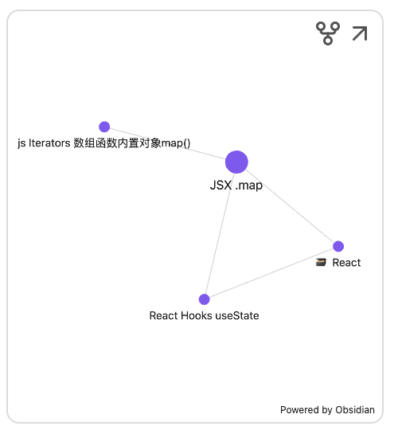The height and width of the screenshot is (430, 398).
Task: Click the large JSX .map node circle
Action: point(236,162)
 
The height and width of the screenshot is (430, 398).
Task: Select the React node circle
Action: point(338,246)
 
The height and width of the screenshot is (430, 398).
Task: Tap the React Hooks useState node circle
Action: point(205,299)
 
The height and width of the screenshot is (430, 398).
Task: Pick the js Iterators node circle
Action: point(104,127)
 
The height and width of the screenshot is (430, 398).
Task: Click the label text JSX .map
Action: point(236,185)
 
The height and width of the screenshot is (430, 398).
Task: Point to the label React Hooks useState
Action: point(205,315)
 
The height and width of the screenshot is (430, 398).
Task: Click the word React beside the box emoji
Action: point(346,263)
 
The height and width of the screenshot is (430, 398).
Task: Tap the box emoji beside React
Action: point(321,263)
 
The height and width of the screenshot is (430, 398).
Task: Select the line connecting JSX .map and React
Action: point(290,206)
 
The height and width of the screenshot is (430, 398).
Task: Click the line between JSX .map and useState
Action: point(220,233)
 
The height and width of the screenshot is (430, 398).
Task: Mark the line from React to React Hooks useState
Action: point(271,273)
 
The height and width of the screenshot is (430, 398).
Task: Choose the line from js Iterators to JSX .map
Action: point(168,143)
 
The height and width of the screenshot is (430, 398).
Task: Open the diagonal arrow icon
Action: point(360,33)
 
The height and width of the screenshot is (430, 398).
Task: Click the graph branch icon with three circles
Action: point(328,33)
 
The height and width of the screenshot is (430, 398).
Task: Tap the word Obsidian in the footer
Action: point(355,410)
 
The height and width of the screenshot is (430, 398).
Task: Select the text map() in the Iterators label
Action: point(176,143)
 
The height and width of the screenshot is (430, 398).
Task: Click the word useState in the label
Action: point(237,315)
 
